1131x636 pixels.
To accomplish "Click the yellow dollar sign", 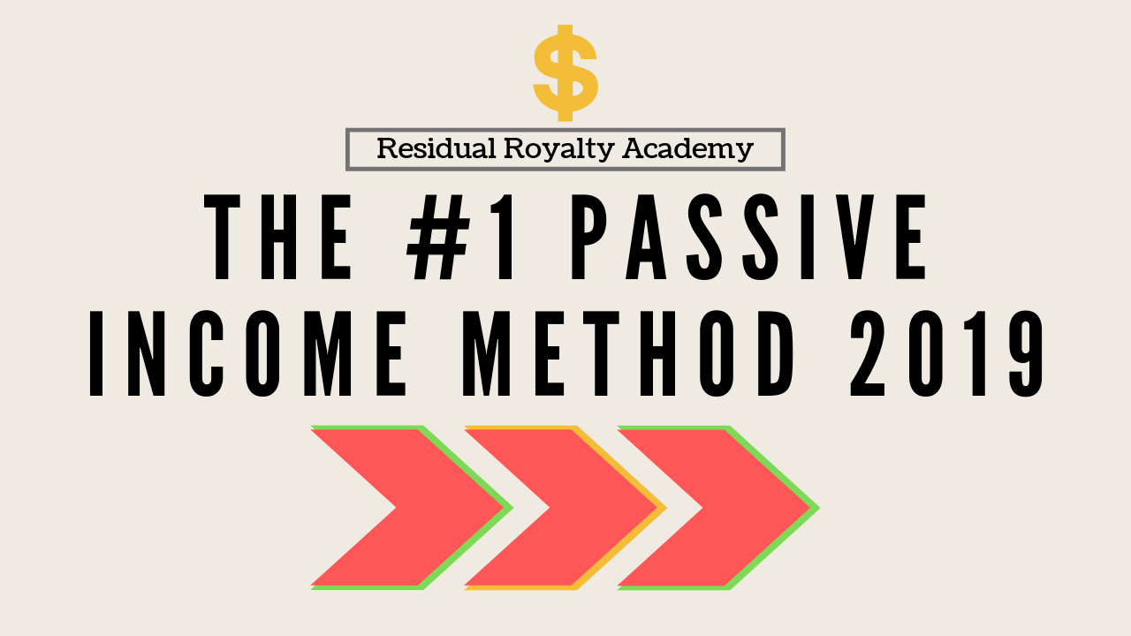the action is [x=565, y=72].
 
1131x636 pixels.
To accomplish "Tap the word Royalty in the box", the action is [x=559, y=150].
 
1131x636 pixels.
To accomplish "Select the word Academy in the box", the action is [x=687, y=150].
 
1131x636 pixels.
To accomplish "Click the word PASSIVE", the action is [x=749, y=237].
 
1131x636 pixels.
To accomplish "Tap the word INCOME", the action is [x=247, y=353].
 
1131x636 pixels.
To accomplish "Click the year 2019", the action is [x=946, y=353].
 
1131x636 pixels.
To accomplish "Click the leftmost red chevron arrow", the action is [x=412, y=507].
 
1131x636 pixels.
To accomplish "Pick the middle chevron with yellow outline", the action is [x=565, y=507].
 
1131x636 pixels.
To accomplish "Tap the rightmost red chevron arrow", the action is [x=719, y=507].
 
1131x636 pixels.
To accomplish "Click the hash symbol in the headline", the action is [x=439, y=237].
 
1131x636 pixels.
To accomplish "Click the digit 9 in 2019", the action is [x=1026, y=353].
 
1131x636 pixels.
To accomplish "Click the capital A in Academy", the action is [x=634, y=148].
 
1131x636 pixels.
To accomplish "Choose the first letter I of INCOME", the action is [x=96, y=353].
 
